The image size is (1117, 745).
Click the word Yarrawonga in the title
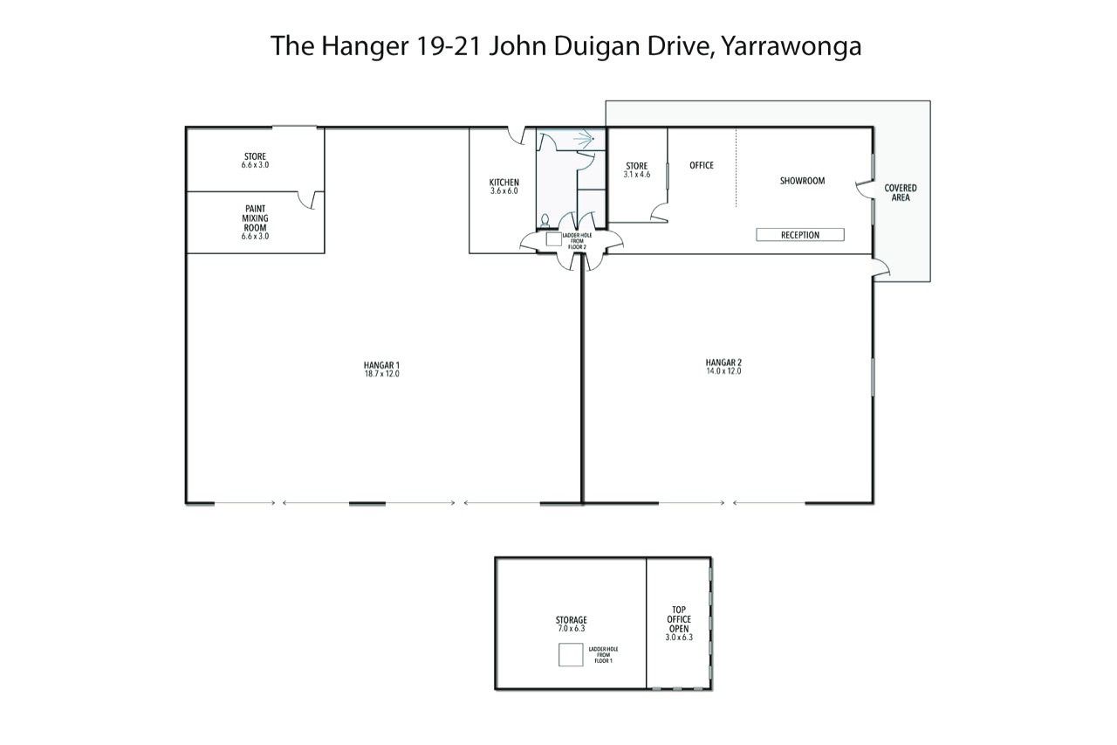click(x=791, y=46)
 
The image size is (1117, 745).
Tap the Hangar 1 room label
click(x=381, y=365)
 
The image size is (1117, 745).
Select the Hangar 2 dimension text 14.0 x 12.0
click(x=723, y=371)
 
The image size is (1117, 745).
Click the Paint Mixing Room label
click(x=255, y=218)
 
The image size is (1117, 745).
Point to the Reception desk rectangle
click(x=800, y=235)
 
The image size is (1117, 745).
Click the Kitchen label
click(x=504, y=183)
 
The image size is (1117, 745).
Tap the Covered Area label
click(x=901, y=193)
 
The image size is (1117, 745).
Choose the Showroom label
click(x=802, y=181)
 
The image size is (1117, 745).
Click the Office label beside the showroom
click(x=702, y=165)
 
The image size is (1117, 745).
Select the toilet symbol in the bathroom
click(x=545, y=221)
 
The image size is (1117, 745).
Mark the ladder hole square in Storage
click(x=571, y=655)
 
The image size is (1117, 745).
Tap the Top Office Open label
click(x=679, y=619)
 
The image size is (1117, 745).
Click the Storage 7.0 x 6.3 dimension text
click(x=572, y=629)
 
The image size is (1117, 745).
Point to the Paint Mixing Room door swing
click(x=310, y=200)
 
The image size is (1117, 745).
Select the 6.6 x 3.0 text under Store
click(x=255, y=165)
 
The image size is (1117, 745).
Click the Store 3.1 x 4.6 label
click(x=637, y=169)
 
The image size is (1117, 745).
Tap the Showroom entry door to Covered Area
click(x=866, y=190)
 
